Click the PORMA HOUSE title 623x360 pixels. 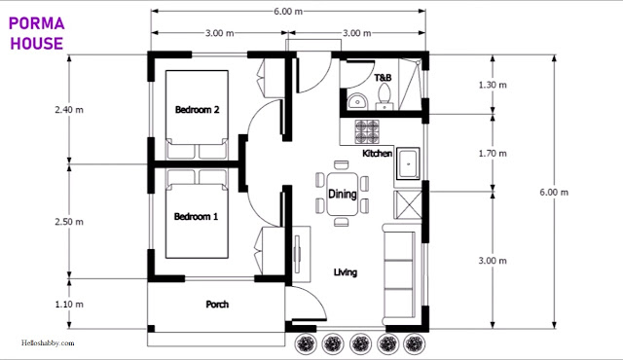point(37,33)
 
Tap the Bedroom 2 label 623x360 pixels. point(197,110)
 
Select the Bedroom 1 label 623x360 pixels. point(196,217)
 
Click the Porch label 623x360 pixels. point(217,305)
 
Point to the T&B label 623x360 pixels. point(383,78)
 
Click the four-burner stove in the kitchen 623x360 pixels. point(367,131)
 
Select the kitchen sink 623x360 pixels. point(407,163)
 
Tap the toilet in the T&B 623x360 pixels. point(385,96)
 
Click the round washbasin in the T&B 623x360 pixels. point(357,101)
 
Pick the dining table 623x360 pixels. point(342,194)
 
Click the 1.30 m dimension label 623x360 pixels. point(493,85)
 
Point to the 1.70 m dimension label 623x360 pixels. point(493,154)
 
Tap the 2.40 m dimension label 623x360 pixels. point(69,110)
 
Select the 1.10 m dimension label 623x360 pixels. point(69,305)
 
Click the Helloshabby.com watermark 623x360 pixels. point(48,342)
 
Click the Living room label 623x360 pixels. point(346,272)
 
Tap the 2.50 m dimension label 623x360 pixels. point(69,222)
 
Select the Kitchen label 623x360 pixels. point(377,153)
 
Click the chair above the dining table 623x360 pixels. point(342,165)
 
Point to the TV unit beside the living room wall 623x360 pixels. point(302,254)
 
